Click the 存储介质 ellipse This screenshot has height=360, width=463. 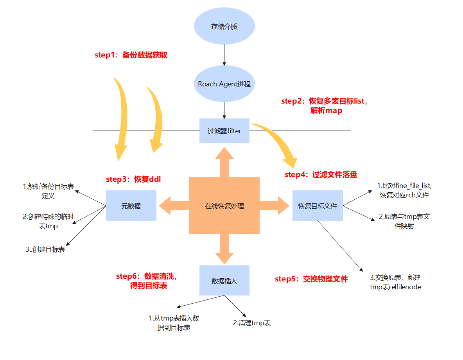click(224, 27)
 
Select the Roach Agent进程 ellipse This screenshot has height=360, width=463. click(224, 84)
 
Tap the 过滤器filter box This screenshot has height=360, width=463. click(224, 131)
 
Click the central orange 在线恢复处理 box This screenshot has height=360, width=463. click(224, 206)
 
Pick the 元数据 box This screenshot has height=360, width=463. click(131, 206)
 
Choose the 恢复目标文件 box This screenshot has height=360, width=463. click(318, 206)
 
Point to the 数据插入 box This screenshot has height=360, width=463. click(224, 281)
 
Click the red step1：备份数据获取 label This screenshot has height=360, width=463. click(131, 55)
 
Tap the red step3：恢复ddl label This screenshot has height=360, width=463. click(133, 179)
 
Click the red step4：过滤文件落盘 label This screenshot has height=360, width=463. click(321, 175)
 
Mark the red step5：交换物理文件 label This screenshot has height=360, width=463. click(311, 279)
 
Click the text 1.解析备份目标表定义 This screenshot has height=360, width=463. click(48, 191)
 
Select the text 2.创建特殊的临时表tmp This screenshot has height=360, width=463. click(48, 221)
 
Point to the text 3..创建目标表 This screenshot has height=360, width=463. click(45, 249)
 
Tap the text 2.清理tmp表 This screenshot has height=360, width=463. click(252, 323)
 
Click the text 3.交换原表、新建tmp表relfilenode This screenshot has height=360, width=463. click(395, 282)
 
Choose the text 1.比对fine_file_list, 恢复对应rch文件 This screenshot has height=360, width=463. click(404, 190)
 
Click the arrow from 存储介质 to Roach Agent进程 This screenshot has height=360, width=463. click(224, 55)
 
